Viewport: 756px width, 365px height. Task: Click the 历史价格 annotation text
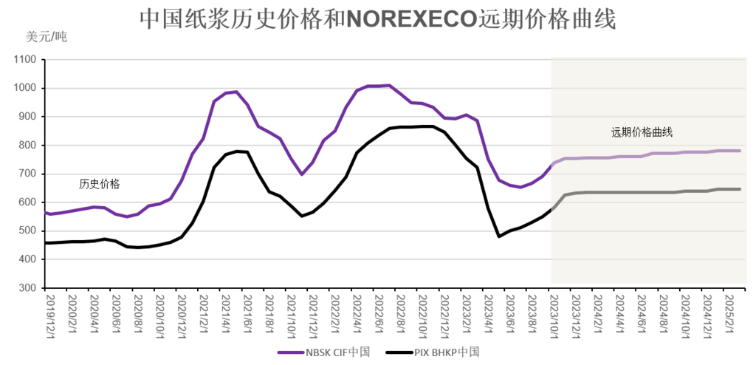pyautogui.click(x=100, y=183)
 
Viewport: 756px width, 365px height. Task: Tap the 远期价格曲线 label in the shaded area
pyautogui.click(x=642, y=133)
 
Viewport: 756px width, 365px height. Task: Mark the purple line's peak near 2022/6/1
pyautogui.click(x=390, y=85)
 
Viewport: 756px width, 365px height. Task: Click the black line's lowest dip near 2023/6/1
pyautogui.click(x=500, y=236)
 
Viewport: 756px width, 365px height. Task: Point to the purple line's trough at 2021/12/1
pyautogui.click(x=301, y=174)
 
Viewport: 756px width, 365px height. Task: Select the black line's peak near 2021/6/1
pyautogui.click(x=237, y=151)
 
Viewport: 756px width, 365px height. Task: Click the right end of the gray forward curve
pyautogui.click(x=740, y=189)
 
